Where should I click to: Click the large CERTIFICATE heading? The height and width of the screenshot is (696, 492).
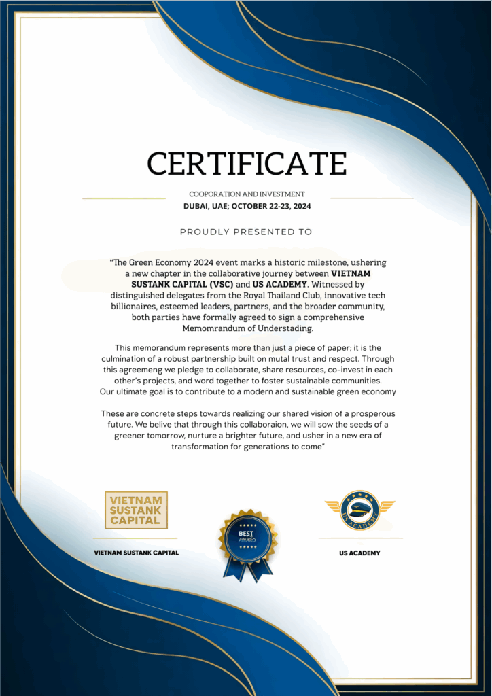(x=247, y=164)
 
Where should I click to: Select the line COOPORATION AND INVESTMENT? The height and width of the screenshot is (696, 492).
(x=247, y=194)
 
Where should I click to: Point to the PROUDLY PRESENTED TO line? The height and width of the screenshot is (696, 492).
(x=246, y=232)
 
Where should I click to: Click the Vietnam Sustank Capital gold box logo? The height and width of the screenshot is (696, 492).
(x=136, y=510)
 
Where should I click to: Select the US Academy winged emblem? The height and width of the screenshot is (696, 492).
(x=359, y=509)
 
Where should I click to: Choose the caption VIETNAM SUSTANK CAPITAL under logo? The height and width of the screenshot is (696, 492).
(x=136, y=553)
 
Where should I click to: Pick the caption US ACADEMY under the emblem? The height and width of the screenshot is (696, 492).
(x=359, y=553)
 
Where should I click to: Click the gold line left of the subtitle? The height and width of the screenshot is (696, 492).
(x=124, y=198)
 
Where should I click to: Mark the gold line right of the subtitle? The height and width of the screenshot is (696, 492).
(x=371, y=198)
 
